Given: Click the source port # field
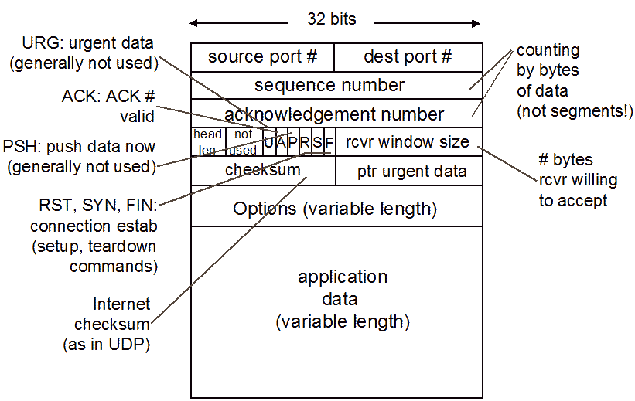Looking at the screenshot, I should click(262, 57).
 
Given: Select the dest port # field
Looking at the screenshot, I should click(408, 57).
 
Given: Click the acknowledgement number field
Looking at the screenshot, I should click(334, 114).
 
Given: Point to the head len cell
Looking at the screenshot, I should click(207, 142).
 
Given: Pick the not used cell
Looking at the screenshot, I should click(244, 142).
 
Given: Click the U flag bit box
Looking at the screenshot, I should click(269, 143).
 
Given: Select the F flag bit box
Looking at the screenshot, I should click(329, 143).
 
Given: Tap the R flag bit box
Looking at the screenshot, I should click(305, 143).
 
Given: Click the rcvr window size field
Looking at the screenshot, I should click(408, 142).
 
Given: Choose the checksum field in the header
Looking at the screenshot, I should click(262, 170).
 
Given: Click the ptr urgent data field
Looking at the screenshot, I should click(409, 171).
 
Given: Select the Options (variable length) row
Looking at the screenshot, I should click(335, 208).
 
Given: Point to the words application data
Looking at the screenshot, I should click(343, 287).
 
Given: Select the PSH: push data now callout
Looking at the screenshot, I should click(79, 146).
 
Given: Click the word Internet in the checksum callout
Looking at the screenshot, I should click(121, 304).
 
